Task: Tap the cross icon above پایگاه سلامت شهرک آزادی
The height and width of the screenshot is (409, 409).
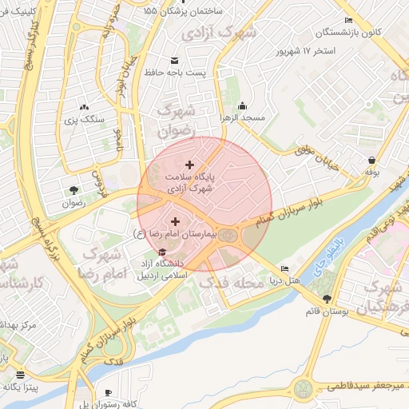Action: [189, 165]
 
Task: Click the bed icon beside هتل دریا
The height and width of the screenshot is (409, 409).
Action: [285, 268]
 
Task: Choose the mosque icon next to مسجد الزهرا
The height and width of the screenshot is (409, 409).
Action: [243, 106]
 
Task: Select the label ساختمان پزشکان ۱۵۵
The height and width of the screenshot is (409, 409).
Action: [204, 11]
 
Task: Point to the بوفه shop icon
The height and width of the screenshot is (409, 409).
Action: [373, 160]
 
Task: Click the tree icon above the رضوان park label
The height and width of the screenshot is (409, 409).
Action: [73, 190]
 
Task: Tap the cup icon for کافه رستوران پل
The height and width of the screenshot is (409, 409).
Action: [109, 392]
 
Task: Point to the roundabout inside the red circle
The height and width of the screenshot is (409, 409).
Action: [228, 235]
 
